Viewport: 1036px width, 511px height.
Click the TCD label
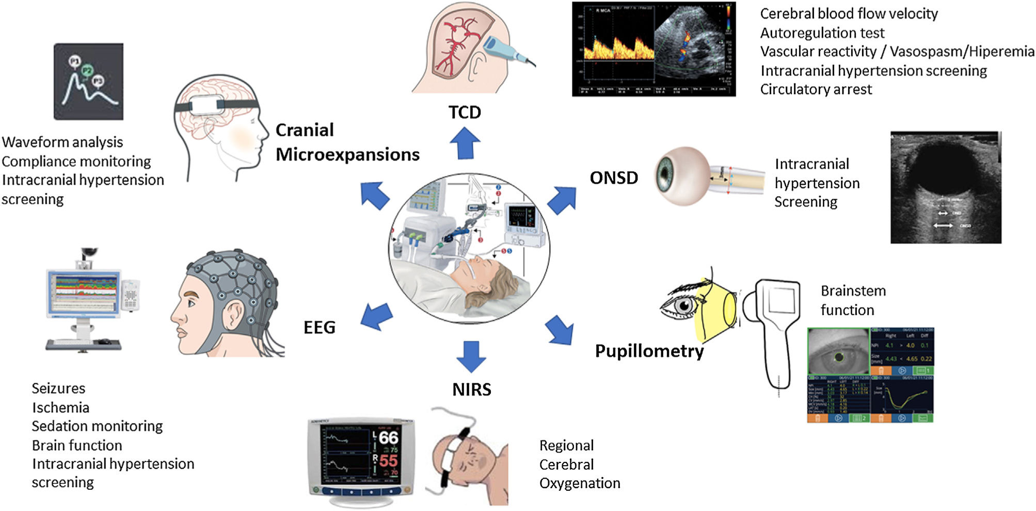[x=465, y=113]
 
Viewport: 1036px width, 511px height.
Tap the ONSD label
[x=614, y=178]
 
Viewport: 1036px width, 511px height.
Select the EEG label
[x=320, y=327]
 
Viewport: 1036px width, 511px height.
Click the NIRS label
[x=472, y=390]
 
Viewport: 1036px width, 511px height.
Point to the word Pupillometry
[x=649, y=351]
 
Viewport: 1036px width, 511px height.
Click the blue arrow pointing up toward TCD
[x=465, y=143]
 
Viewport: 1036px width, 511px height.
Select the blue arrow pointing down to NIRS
[x=471, y=356]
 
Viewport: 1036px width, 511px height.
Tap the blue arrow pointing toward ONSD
[x=562, y=200]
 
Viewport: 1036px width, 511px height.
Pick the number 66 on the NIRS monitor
[x=388, y=438]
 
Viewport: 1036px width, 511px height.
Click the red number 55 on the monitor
[x=388, y=460]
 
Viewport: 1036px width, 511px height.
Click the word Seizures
[x=58, y=389]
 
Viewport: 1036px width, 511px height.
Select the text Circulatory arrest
[x=816, y=90]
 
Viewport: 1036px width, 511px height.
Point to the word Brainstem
[x=853, y=291]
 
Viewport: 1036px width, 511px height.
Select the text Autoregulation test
[x=822, y=34]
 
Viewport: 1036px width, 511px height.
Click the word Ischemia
[x=60, y=408]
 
